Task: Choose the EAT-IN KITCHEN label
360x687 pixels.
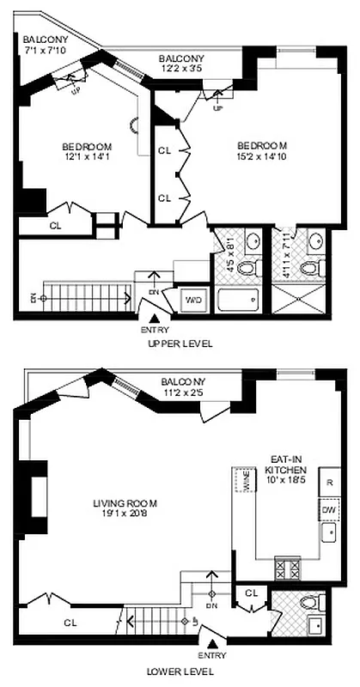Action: pyautogui.click(x=284, y=465)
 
